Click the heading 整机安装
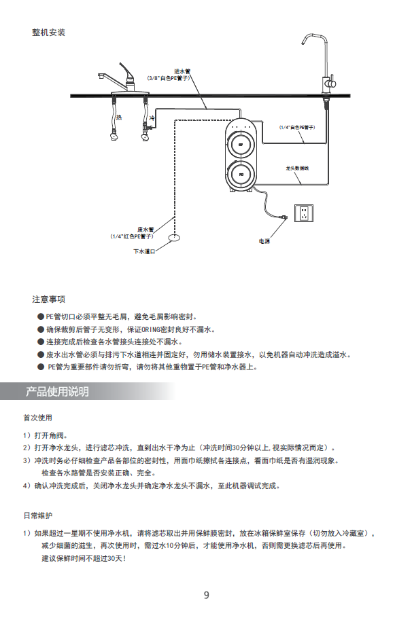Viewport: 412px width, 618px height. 48,32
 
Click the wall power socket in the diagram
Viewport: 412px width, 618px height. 304,213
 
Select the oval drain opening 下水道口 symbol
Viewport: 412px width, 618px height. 173,238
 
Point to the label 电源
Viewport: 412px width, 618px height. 264,241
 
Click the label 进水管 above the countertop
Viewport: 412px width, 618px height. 182,71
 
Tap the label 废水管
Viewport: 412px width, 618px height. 145,230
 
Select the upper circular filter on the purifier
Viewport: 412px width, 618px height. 241,145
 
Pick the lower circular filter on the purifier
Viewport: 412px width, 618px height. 241,175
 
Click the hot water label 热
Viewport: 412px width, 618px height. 118,117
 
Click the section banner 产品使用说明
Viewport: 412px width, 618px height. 57,392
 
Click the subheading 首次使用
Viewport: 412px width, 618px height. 37,417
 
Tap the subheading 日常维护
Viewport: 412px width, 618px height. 37,515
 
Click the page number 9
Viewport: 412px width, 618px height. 206,595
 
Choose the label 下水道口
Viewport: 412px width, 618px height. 144,251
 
